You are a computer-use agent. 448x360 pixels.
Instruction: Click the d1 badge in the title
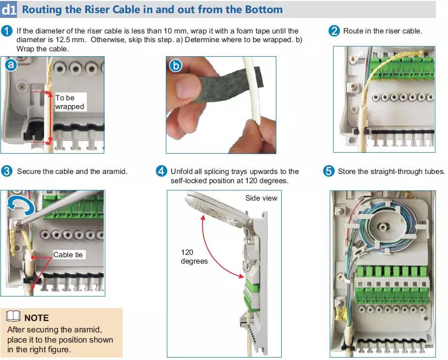(x=9, y=9)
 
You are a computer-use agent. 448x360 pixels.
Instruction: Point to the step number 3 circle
(x=7, y=172)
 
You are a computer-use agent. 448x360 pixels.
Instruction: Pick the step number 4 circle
(x=161, y=172)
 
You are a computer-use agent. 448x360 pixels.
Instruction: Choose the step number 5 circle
(x=329, y=172)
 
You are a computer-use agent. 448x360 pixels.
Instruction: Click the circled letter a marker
(x=12, y=64)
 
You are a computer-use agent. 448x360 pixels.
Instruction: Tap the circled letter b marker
(x=175, y=64)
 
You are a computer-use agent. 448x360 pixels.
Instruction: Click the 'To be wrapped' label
(x=69, y=102)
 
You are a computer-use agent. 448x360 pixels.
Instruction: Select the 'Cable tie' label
(x=68, y=255)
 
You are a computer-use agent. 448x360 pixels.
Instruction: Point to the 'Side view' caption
(x=261, y=198)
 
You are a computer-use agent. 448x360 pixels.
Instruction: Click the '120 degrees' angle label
(x=194, y=257)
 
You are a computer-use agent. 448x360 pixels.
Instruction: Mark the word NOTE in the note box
(x=36, y=318)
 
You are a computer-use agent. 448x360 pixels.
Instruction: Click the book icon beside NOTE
(x=14, y=317)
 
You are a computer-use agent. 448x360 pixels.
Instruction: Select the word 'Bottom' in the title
(x=261, y=9)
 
